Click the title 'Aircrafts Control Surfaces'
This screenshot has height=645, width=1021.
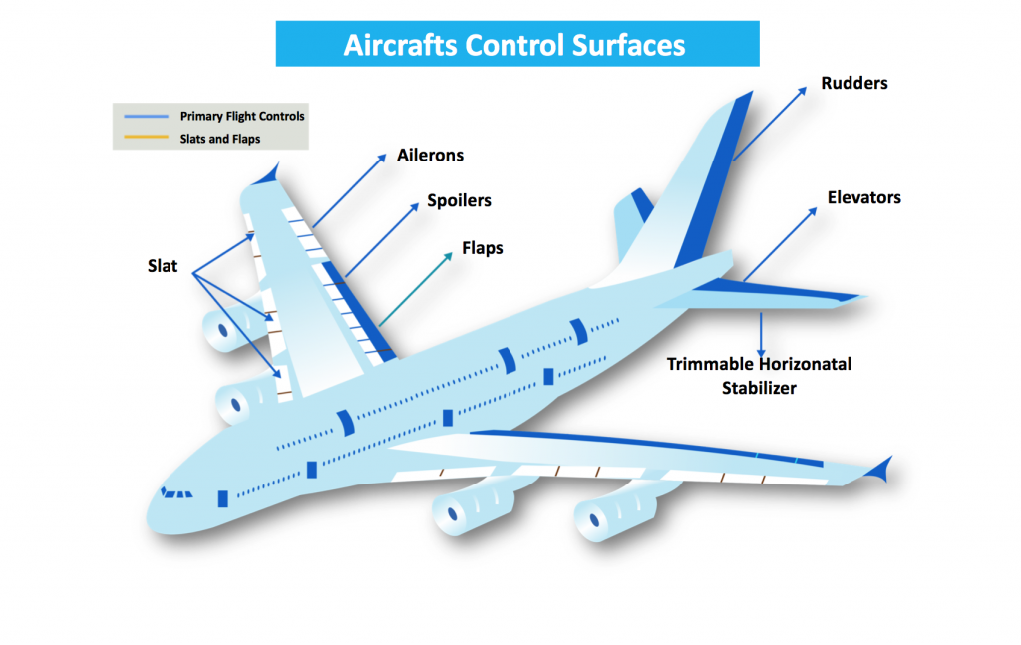[x=516, y=45]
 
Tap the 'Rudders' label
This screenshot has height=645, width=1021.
[x=853, y=83]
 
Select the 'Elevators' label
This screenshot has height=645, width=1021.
[x=863, y=197]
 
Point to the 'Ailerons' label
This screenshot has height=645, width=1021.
[x=430, y=156]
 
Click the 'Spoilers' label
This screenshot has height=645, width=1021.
[x=459, y=200]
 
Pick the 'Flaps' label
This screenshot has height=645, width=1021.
[x=482, y=248]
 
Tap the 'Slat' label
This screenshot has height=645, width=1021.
[x=163, y=266]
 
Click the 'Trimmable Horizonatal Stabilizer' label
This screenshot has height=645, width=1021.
[x=759, y=376]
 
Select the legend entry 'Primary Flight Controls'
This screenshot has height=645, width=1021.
[x=242, y=116]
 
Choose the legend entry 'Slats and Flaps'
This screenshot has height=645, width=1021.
[x=219, y=139]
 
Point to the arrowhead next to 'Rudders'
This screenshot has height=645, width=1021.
[x=804, y=90]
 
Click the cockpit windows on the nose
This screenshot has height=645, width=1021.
[x=177, y=492]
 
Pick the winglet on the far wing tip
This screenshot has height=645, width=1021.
[x=266, y=175]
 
